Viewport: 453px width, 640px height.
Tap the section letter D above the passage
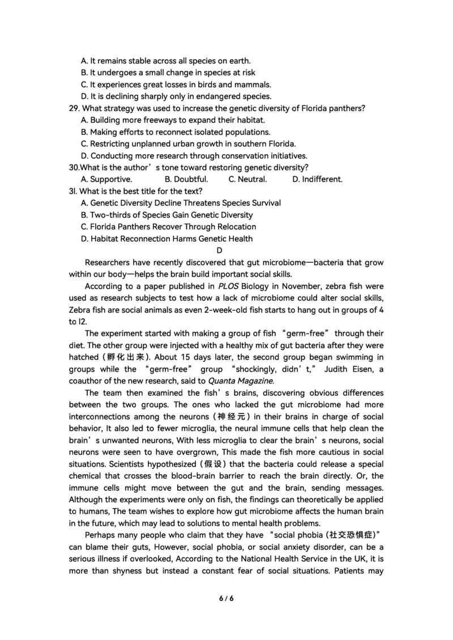(x=220, y=250)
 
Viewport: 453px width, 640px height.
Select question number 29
(x=74, y=108)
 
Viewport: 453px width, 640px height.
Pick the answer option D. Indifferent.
(x=317, y=180)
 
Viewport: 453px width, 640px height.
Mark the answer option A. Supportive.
(x=106, y=180)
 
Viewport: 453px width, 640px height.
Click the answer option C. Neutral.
(x=247, y=180)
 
